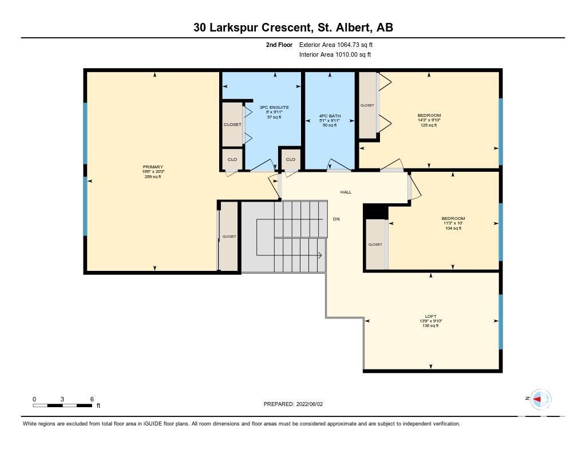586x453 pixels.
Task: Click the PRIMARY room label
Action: click(x=153, y=167)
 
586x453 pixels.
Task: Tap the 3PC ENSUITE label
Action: click(x=274, y=107)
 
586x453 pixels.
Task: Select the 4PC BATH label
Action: click(x=330, y=116)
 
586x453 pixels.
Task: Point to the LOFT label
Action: click(x=430, y=316)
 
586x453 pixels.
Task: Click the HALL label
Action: click(x=346, y=192)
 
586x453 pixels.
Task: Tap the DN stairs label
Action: click(x=336, y=219)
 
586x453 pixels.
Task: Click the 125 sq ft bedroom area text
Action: click(x=429, y=125)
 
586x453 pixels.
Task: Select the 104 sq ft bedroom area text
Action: click(x=453, y=228)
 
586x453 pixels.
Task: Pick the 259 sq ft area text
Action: click(x=153, y=176)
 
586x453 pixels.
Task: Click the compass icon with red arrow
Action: click(x=540, y=399)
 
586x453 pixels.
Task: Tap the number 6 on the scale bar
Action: click(x=92, y=399)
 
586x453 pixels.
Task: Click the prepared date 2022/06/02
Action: click(x=310, y=404)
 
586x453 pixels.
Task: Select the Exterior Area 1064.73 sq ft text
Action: click(x=336, y=45)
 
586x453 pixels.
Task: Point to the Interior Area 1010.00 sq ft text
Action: click(x=335, y=54)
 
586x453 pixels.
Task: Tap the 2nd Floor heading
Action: click(x=279, y=45)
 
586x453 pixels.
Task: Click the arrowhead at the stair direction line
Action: click(x=320, y=256)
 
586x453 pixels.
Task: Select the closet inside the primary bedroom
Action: click(x=229, y=236)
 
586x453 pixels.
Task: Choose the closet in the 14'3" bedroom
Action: click(x=368, y=105)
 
